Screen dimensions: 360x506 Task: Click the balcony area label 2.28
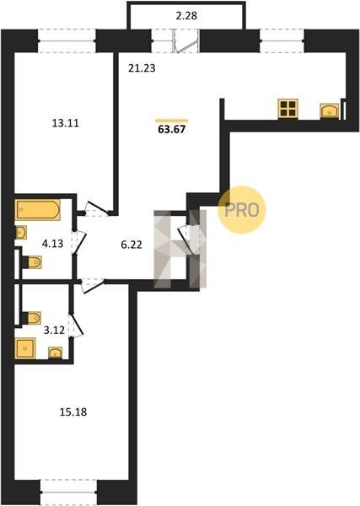click(186, 16)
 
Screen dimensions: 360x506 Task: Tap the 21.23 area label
click(142, 68)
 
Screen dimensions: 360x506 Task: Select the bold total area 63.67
click(172, 129)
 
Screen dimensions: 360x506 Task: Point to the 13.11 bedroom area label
click(66, 123)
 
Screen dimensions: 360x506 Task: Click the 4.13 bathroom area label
click(52, 244)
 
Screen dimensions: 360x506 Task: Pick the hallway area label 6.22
click(132, 245)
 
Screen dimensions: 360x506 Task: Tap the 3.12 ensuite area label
click(54, 330)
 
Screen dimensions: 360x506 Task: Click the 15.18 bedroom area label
click(73, 412)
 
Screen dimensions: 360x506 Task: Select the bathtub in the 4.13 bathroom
click(37, 210)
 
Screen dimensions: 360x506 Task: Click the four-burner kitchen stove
click(287, 109)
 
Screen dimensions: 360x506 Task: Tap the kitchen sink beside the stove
click(330, 110)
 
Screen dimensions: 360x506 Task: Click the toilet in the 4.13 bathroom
click(34, 262)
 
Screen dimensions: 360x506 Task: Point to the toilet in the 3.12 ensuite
click(32, 318)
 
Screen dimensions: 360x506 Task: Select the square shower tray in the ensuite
click(24, 347)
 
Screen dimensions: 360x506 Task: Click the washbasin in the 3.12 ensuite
click(56, 353)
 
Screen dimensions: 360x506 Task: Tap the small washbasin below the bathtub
click(20, 233)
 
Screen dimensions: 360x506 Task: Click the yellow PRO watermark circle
click(242, 210)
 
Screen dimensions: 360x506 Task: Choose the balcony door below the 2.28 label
click(186, 41)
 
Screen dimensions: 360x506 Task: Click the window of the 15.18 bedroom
click(69, 492)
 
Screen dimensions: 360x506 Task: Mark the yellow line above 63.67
click(172, 121)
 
